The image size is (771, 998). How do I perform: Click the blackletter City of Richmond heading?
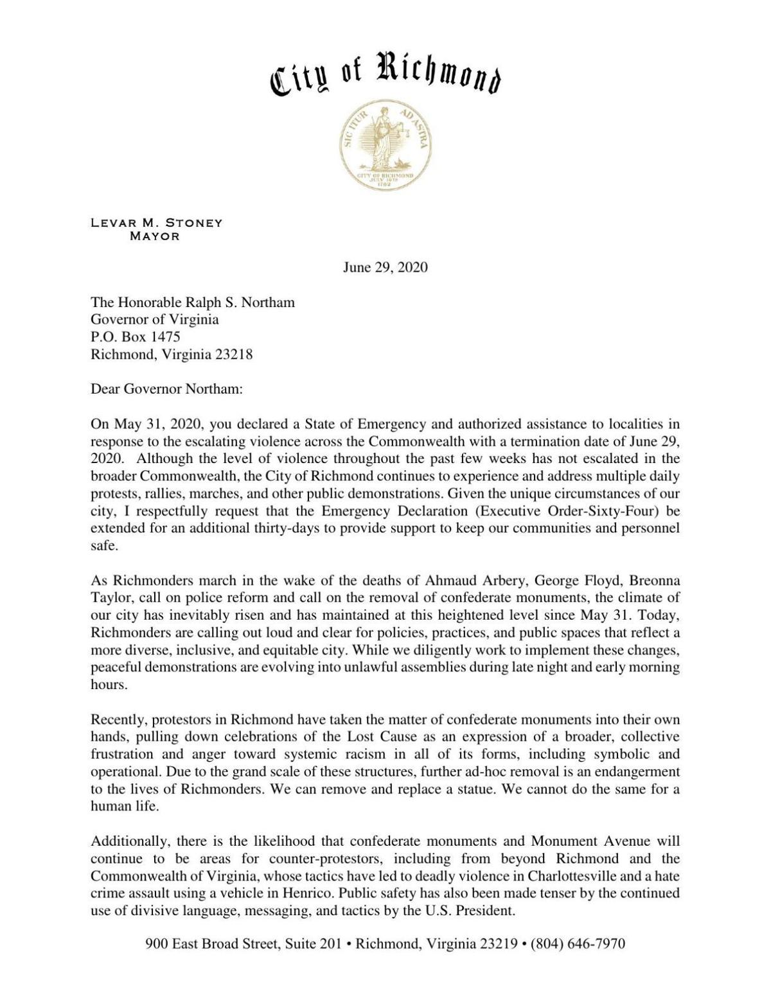(x=385, y=76)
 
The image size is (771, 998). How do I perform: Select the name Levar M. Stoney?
(x=156, y=223)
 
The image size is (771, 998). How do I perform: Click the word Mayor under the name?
(x=154, y=236)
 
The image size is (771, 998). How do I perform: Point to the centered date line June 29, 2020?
(x=385, y=267)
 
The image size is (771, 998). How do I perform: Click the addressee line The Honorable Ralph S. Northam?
(x=193, y=302)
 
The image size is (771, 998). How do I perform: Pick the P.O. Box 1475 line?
(x=135, y=337)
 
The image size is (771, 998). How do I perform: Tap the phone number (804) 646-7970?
(x=578, y=944)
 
